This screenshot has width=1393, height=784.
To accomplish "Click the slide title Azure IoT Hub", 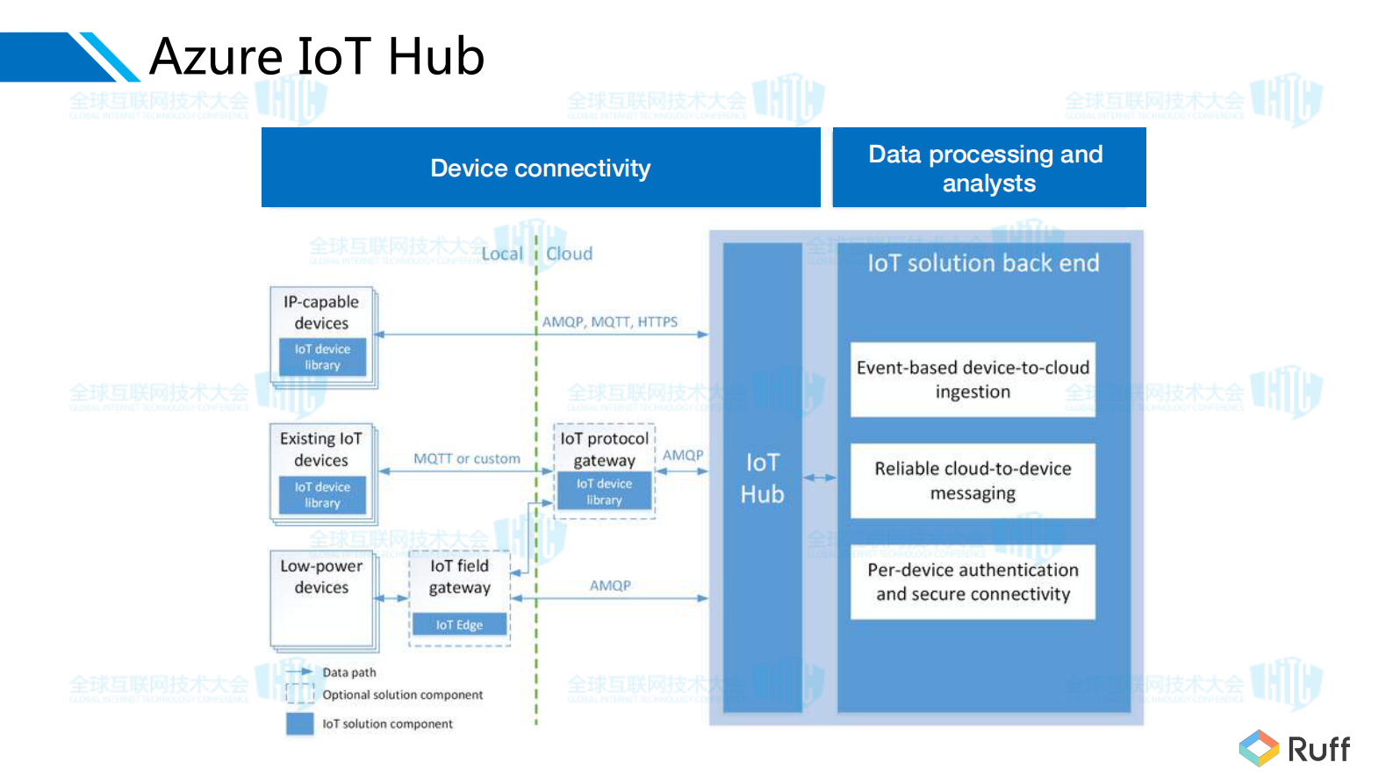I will [317, 57].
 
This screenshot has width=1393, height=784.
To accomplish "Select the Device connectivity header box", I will [541, 168].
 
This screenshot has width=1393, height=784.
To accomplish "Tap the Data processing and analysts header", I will [988, 168].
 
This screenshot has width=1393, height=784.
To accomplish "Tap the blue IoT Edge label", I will [459, 625].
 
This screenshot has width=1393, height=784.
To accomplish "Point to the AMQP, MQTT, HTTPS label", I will [609, 322].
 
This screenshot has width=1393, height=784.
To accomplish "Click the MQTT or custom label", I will [466, 459].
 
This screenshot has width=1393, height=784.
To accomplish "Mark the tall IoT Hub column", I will [762, 478].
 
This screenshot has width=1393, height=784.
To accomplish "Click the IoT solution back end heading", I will [982, 263].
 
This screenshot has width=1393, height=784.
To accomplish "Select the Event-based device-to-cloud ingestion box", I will [973, 379].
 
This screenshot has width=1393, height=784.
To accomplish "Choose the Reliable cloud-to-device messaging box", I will [973, 481].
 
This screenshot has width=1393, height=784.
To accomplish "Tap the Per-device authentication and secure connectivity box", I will [973, 582].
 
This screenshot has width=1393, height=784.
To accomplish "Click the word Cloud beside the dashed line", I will [569, 254].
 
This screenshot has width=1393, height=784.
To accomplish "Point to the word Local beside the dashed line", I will [502, 254].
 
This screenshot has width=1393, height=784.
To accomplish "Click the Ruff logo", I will [1295, 749].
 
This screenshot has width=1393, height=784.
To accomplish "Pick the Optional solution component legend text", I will [402, 695].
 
